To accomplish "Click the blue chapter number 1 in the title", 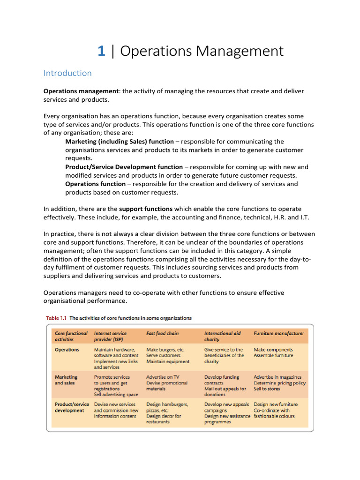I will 101,51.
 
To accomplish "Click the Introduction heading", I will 67,73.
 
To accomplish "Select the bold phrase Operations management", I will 80,91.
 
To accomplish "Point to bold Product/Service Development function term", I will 124,167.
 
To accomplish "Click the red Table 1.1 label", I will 56,318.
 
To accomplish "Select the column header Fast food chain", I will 163,333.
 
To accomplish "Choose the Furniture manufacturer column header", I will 278,333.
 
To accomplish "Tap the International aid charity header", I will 222,336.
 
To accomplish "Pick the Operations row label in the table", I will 67,350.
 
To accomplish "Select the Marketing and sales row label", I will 66,380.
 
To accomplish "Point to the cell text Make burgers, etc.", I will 165,350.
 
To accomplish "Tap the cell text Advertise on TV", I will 163,377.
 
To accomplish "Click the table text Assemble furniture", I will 273,356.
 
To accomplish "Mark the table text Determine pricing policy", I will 279,383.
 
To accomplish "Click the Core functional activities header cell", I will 71,336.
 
